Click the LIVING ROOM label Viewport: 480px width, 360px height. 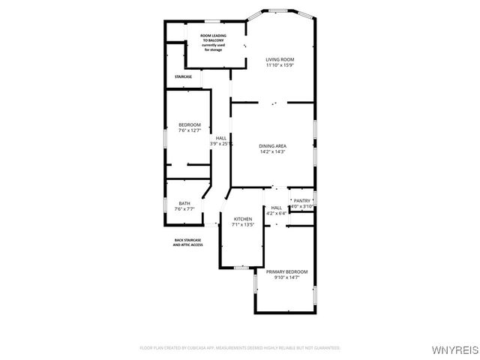tap(280, 59)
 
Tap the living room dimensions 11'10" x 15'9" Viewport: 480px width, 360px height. tap(280, 65)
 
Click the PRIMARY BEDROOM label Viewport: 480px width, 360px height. tap(286, 271)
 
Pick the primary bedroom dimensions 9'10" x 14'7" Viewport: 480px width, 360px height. tap(286, 277)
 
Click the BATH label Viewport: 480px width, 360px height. tap(184, 203)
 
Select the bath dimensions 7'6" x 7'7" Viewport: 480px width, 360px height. tap(184, 209)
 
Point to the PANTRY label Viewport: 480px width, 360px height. tap(302, 200)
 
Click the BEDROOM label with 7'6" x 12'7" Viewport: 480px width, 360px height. tap(189, 124)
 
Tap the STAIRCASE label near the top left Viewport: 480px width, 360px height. tap(183, 76)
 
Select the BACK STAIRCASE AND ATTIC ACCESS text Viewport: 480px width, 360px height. tap(188, 242)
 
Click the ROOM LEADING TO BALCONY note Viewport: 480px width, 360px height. tap(215, 43)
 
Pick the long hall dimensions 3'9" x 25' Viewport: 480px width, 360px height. tap(221, 144)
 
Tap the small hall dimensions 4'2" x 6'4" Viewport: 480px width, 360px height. tap(276, 214)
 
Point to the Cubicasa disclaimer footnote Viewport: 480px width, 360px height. tap(240, 348)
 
